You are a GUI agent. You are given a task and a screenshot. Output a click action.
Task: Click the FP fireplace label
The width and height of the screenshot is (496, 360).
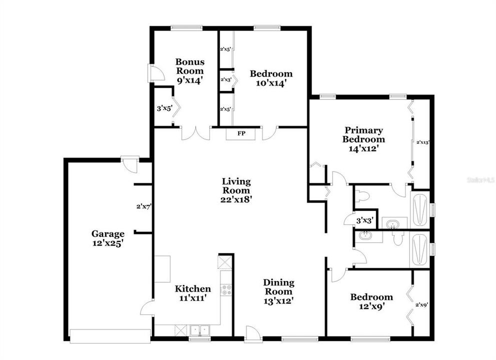tap(241, 133)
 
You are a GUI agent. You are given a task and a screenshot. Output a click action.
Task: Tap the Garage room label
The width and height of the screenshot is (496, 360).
tap(108, 233)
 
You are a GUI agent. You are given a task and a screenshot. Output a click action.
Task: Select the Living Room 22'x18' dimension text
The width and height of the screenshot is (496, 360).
tap(237, 198)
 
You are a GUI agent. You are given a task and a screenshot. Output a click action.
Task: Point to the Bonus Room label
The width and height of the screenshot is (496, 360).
tap(190, 66)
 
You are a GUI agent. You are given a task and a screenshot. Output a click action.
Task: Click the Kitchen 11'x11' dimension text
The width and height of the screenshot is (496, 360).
tap(192, 297)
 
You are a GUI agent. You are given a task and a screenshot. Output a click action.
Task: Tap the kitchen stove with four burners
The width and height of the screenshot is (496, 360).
tap(226, 289)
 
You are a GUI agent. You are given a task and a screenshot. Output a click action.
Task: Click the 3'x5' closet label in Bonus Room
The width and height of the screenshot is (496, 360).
tap(164, 107)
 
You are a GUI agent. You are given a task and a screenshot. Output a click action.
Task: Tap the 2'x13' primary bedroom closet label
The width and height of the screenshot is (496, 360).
tap(423, 142)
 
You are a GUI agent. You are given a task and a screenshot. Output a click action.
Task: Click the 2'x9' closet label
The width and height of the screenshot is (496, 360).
tap(422, 304)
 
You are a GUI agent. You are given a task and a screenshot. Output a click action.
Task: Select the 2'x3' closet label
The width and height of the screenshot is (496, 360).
tap(225, 79)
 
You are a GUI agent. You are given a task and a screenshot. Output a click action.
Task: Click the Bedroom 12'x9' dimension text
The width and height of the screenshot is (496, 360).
tap(371, 305)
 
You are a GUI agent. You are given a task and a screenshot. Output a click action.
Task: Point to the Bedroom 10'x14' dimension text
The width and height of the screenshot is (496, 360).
tap(271, 83)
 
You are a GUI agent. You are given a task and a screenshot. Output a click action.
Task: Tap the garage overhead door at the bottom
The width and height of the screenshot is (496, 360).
tap(110, 335)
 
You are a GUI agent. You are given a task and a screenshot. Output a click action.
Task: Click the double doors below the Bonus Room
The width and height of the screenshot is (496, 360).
tap(196, 132)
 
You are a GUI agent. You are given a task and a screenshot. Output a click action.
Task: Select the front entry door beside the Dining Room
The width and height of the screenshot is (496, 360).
tap(253, 334)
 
